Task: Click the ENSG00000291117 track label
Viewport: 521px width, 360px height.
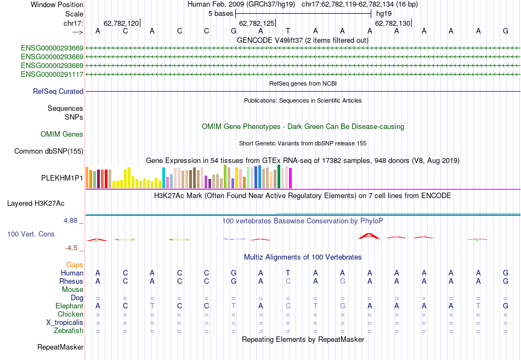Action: pos(52,74)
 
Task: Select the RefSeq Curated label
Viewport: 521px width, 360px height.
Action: pos(58,92)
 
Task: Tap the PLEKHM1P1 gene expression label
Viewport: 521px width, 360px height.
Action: pos(62,178)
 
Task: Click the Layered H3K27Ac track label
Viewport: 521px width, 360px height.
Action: pos(36,203)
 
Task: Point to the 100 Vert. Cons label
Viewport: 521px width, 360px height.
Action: pos(31,234)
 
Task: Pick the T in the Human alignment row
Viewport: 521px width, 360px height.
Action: pos(288,273)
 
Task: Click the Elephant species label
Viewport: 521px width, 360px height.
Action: pos(69,306)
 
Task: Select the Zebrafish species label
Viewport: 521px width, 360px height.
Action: pos(69,330)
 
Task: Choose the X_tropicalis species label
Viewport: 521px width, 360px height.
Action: pos(65,322)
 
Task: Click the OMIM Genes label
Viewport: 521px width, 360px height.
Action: pos(62,134)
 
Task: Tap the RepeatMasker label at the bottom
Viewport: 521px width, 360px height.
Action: pos(60,347)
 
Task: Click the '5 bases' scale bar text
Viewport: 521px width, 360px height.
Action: pos(221,13)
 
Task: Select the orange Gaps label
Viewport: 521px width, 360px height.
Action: pos(75,265)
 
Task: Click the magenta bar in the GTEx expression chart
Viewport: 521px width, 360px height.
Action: pos(290,178)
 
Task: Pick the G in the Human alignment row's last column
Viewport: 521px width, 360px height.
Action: pos(506,273)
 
